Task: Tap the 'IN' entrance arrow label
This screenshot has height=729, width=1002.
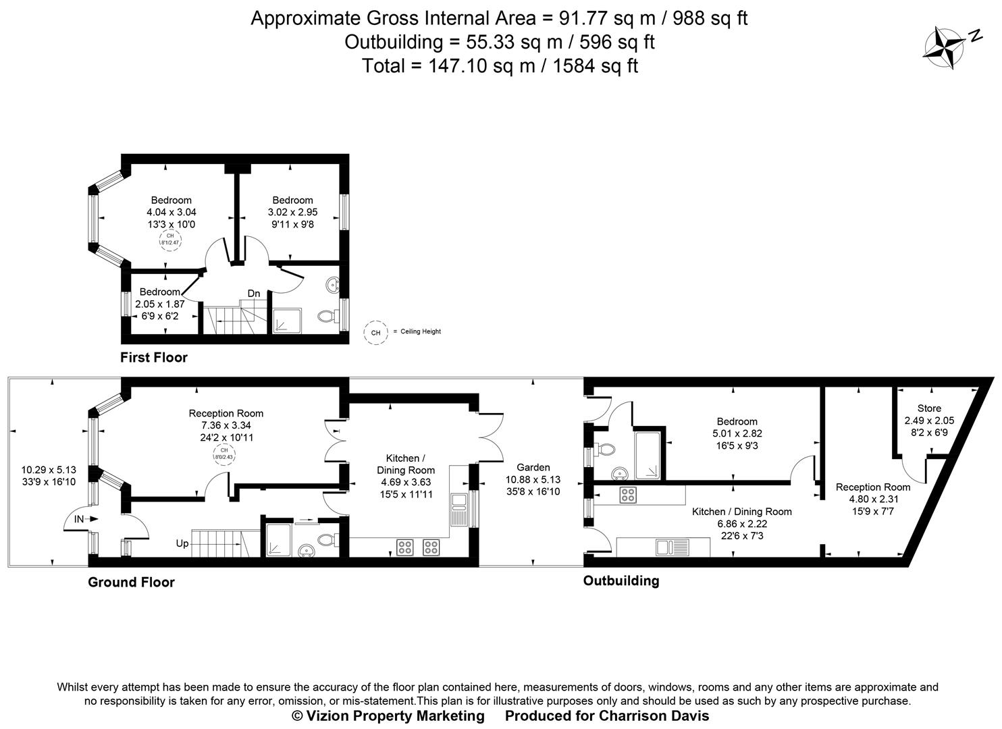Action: click(80, 519)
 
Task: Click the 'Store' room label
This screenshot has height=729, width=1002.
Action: click(929, 408)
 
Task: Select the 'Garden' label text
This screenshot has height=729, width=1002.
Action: click(533, 467)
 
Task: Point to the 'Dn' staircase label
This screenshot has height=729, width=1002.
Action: click(254, 294)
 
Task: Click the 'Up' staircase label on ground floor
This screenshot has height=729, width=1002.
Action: click(182, 543)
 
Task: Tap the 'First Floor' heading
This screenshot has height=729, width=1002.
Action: click(154, 357)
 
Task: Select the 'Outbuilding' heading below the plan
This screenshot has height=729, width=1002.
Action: click(621, 580)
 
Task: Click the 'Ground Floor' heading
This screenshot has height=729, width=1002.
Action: click(131, 582)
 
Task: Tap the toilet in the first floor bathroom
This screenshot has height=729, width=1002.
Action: click(327, 316)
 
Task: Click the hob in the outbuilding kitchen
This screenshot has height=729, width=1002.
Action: click(628, 494)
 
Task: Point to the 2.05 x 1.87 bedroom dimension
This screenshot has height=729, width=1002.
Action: click(160, 304)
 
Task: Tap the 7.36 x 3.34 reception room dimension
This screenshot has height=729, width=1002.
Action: click(226, 425)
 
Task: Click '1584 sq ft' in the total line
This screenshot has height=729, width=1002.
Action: click(595, 65)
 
